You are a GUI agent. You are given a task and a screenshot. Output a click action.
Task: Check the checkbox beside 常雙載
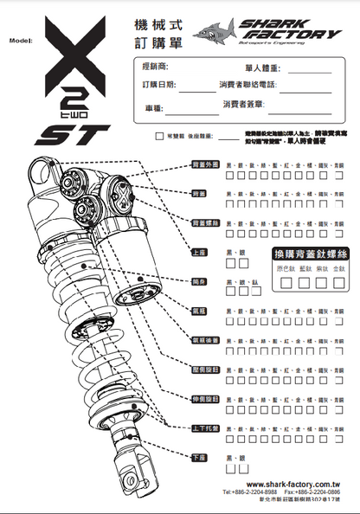(158, 136)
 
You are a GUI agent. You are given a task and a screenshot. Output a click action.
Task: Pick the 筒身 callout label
(199, 282)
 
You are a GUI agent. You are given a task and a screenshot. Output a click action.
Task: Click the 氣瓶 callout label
(199, 310)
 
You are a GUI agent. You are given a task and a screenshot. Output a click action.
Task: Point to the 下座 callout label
(199, 457)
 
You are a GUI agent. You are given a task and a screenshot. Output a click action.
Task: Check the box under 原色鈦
(285, 283)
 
